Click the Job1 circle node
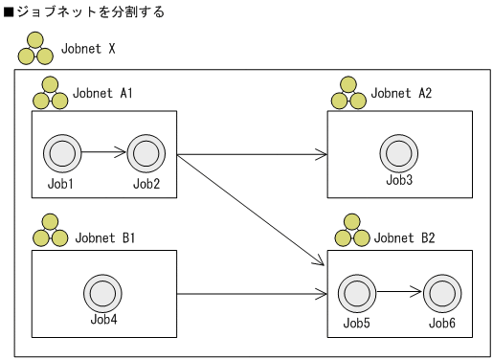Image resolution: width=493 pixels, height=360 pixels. pyautogui.click(x=60, y=152)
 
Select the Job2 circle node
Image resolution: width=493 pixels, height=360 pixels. pyautogui.click(x=146, y=152)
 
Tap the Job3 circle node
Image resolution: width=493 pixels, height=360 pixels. pyautogui.click(x=397, y=152)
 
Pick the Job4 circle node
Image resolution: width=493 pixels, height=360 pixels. pyautogui.click(x=101, y=292)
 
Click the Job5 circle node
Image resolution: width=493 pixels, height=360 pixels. pyautogui.click(x=355, y=292)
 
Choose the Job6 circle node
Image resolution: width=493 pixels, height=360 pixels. pyautogui.click(x=441, y=292)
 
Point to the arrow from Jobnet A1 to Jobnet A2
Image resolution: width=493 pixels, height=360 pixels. pyautogui.click(x=252, y=153)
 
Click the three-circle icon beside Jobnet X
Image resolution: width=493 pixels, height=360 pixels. pyautogui.click(x=35, y=48)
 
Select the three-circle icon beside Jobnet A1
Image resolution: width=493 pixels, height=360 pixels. pyautogui.click(x=50, y=97)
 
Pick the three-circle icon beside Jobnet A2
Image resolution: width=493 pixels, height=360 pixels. pyautogui.click(x=348, y=97)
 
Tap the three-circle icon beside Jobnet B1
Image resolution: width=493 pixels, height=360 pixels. pyautogui.click(x=50, y=235)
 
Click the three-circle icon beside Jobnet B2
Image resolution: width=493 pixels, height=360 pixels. pyautogui.click(x=348, y=235)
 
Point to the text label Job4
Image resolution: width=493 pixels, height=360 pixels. pyautogui.click(x=101, y=320)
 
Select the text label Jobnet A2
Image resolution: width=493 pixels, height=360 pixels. pyautogui.click(x=401, y=94)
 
